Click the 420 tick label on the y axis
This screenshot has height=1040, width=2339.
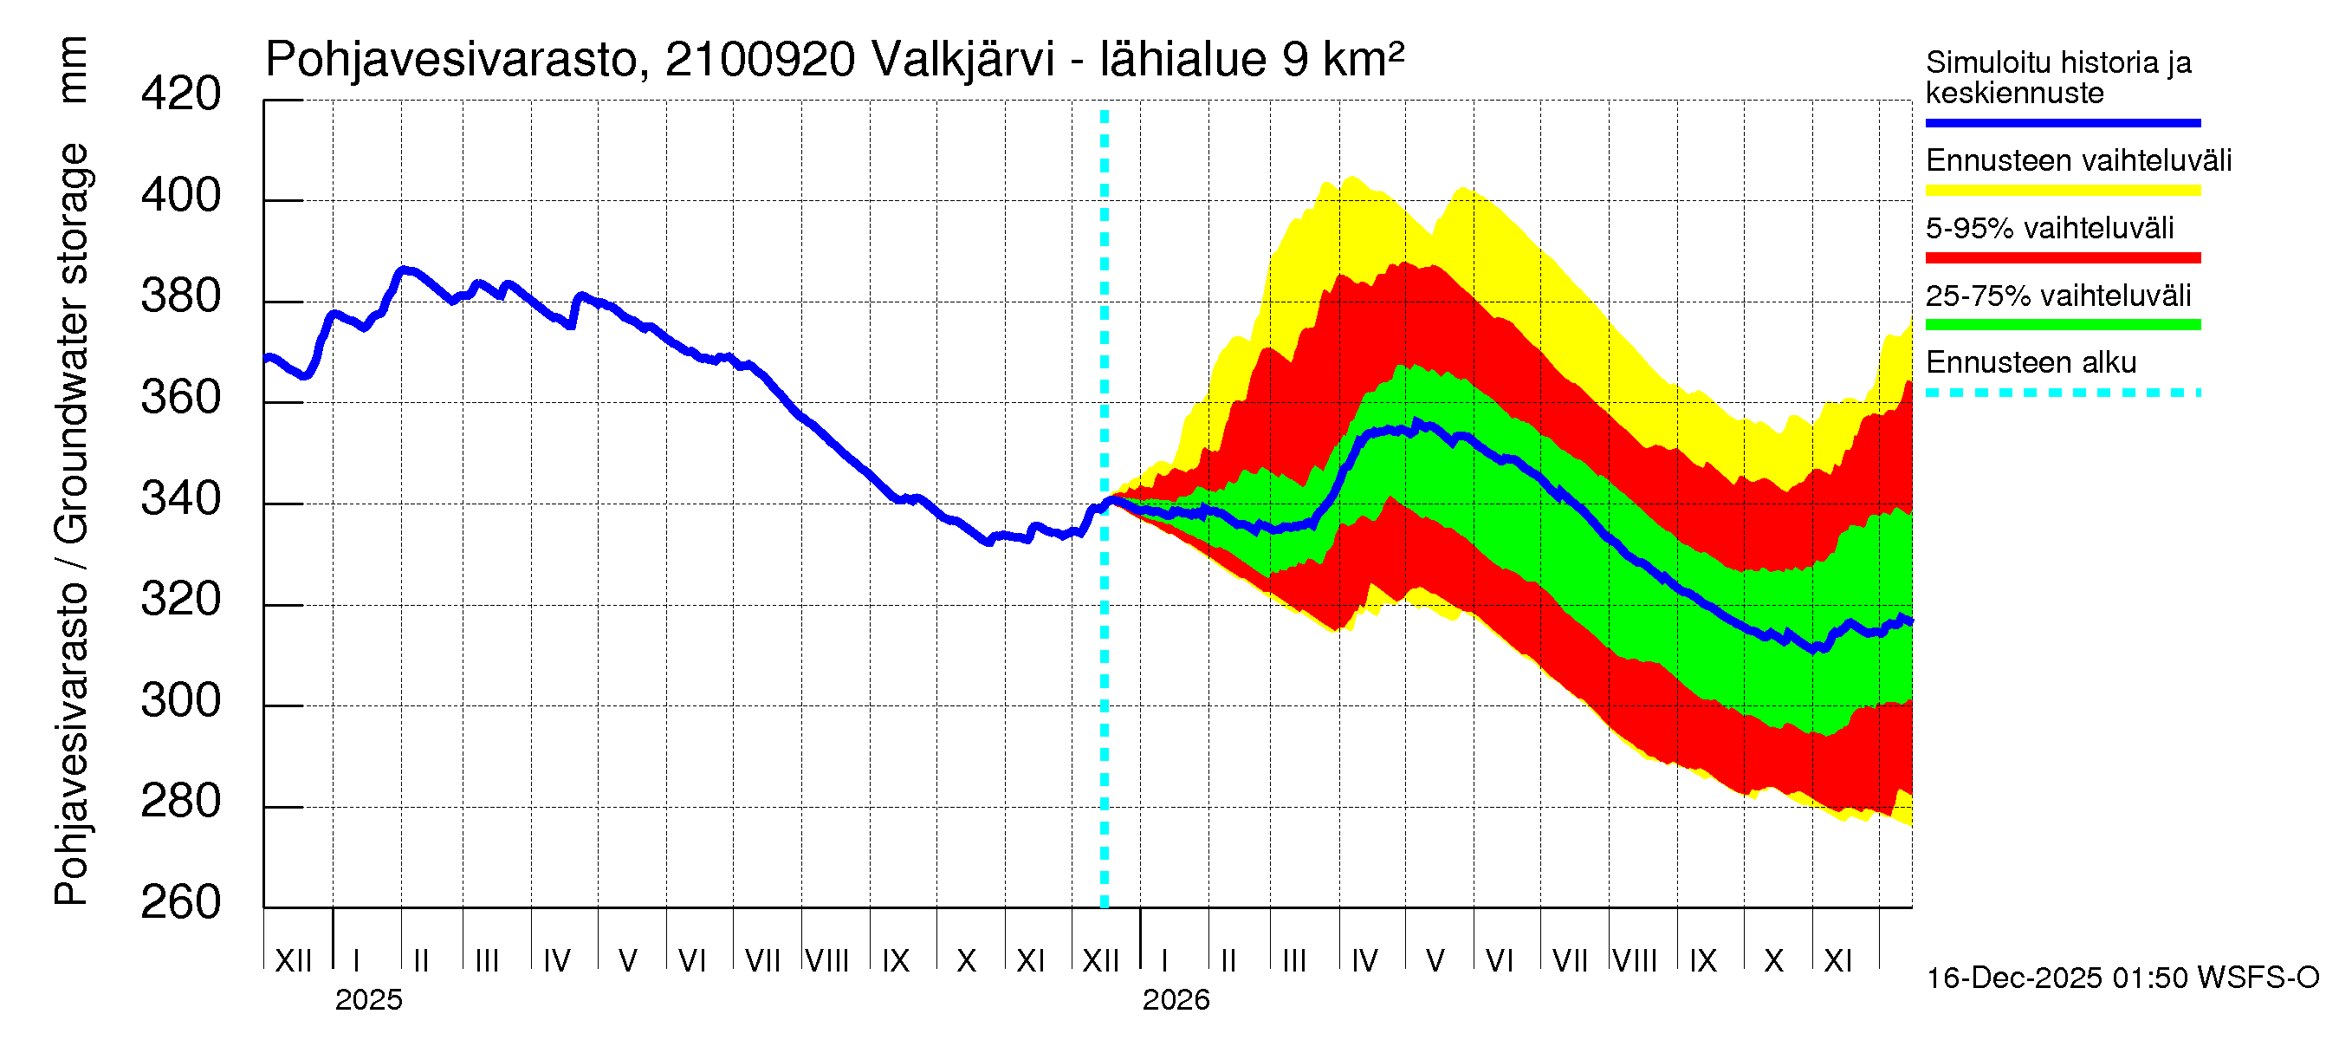tap(180, 94)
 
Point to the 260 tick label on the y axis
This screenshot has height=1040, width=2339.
tap(180, 902)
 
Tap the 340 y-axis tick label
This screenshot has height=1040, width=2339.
tap(180, 498)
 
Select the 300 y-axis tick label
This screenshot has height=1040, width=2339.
tap(180, 700)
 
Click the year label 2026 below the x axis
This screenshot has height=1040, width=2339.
tap(1175, 1000)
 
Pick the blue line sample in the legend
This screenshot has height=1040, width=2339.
tap(2062, 122)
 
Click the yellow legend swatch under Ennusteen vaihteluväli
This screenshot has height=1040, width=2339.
tap(2062, 190)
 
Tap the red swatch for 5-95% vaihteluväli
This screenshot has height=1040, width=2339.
tap(2062, 258)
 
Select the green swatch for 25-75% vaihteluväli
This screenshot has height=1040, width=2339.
tap(2062, 324)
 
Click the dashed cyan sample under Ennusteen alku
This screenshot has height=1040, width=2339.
tap(2062, 393)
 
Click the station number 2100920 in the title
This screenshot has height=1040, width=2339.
tap(759, 61)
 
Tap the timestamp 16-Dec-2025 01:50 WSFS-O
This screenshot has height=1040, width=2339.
tap(2122, 978)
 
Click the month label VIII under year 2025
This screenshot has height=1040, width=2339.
tap(827, 960)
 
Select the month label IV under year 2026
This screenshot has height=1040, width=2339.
tap(1364, 960)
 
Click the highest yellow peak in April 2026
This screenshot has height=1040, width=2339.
tap(1352, 177)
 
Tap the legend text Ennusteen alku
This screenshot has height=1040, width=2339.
tap(2031, 362)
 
